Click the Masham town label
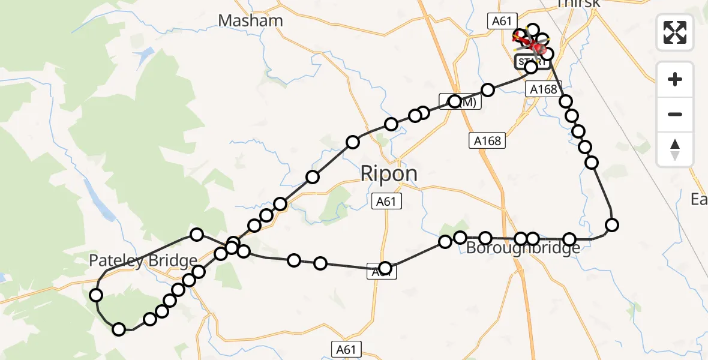250,20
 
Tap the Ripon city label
388,173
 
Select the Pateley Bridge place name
143,260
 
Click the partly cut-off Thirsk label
578,4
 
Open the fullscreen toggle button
675,32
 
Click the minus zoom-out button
675,114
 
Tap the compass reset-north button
675,149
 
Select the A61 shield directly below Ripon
386,202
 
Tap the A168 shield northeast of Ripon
487,141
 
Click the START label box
531,61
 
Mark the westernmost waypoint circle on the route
96,295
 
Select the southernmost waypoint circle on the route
119,329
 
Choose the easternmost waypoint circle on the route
612,225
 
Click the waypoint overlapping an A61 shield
385,268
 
